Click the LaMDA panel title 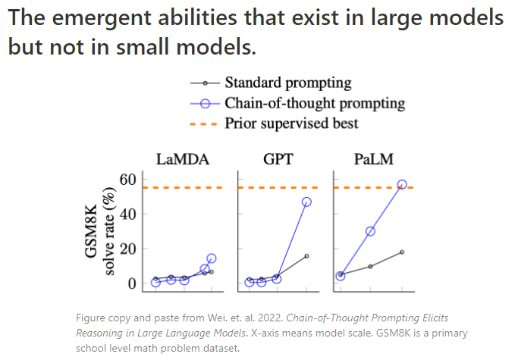(183, 160)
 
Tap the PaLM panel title (372, 160)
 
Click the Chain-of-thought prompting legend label (314, 103)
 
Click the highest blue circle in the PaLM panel (402, 184)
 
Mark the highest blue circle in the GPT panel (306, 202)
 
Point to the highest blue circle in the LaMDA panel (211, 258)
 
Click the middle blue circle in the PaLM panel (370, 231)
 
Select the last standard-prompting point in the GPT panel (306, 256)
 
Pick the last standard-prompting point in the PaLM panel (402, 252)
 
